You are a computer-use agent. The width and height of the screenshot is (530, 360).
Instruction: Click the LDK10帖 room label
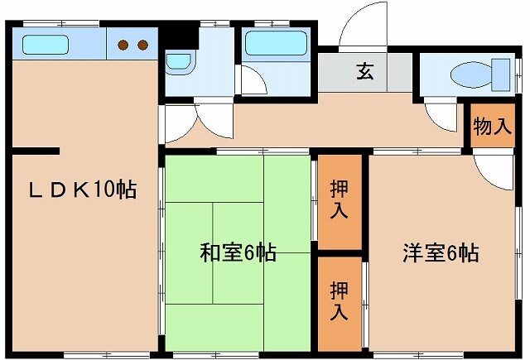coord(83,189)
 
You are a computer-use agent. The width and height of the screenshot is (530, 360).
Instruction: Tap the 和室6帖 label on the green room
coord(238,252)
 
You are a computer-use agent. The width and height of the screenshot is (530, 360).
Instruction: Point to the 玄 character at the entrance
coord(365,72)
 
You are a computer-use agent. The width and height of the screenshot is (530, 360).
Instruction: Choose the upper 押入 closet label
coord(339,199)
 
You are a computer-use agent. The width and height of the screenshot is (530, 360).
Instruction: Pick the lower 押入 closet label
coord(339,301)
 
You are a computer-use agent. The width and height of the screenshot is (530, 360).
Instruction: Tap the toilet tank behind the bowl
coord(501,75)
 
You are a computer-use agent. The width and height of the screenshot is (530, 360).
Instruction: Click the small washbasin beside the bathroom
coord(177,61)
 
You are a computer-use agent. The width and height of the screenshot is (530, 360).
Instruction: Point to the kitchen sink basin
coord(46,44)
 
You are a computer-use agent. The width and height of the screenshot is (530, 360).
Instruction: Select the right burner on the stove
coord(142,45)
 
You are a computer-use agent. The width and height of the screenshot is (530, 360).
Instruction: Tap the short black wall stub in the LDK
coord(35,151)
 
